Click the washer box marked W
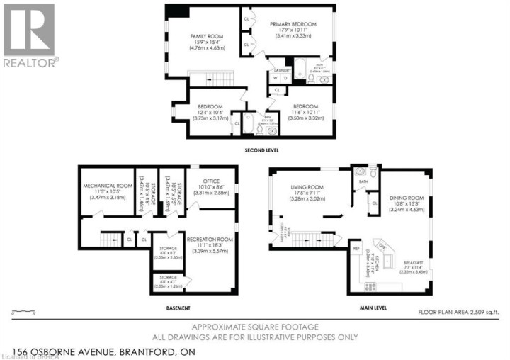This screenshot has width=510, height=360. pos(274,79)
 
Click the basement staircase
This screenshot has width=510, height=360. pos(109,240)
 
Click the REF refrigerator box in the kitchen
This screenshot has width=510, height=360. pos(356,249)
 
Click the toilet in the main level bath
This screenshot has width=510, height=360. pos(360,171)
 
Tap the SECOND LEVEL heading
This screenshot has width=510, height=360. pos(263,150)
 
